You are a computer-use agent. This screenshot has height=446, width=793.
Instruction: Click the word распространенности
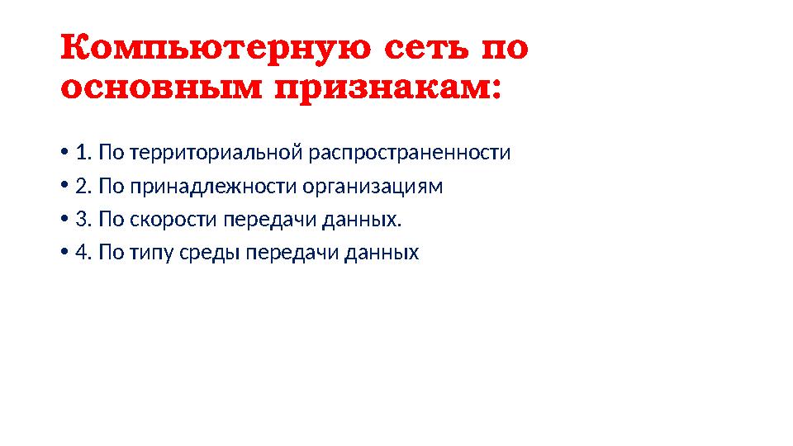[410, 154]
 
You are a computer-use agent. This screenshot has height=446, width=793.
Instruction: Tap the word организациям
[373, 187]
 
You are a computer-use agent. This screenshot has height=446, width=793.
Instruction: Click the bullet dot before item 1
[64, 154]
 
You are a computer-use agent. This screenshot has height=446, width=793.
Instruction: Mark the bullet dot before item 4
[64, 253]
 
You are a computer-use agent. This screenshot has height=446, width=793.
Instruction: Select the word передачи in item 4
[282, 253]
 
